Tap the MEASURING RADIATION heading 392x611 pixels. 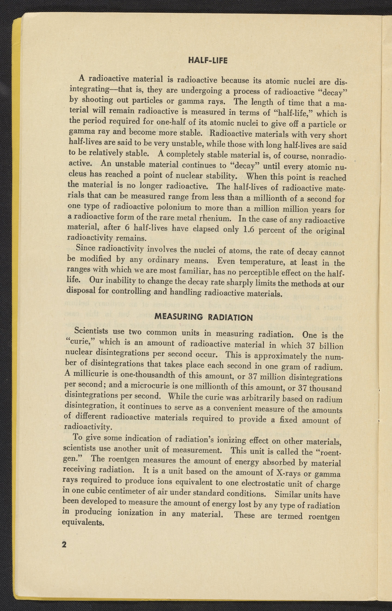pyautogui.click(x=204, y=317)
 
